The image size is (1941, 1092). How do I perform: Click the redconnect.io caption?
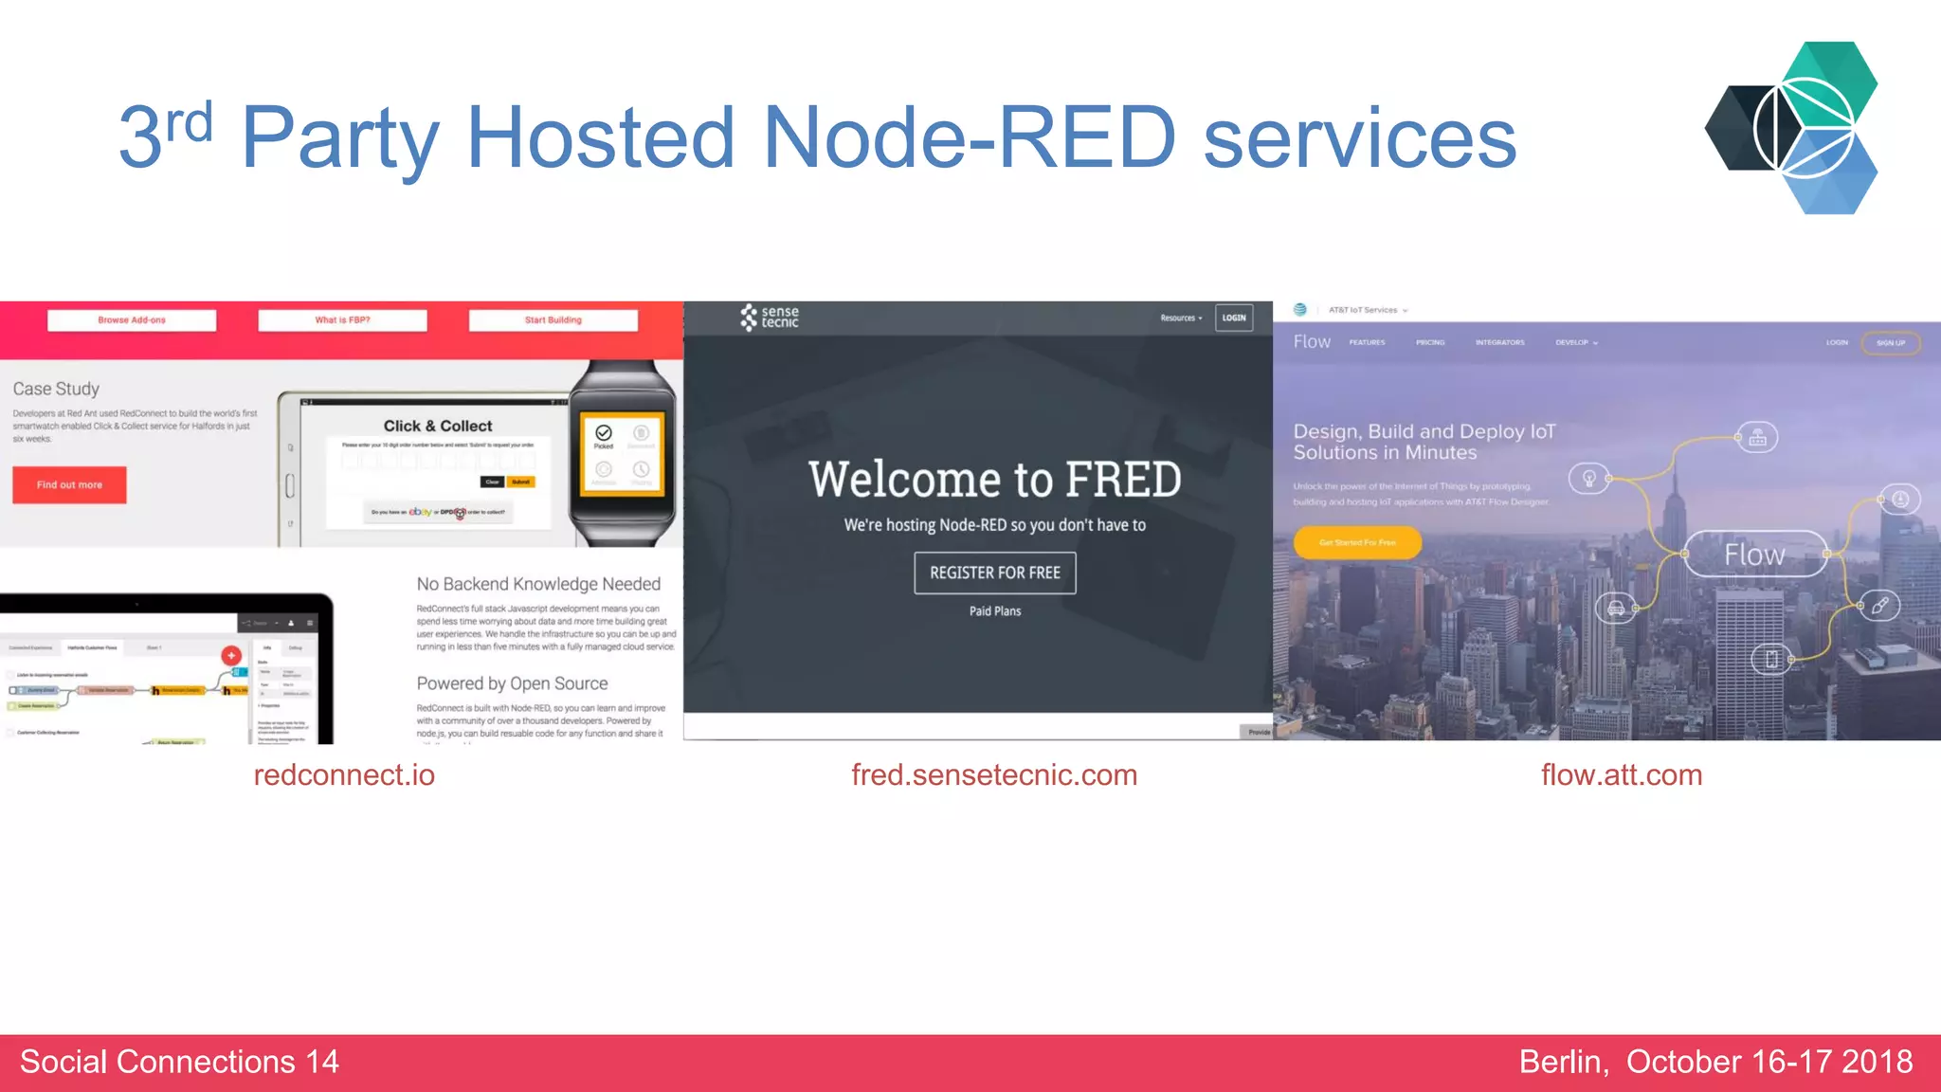(x=344, y=774)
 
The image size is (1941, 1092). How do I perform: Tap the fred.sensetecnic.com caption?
(x=994, y=774)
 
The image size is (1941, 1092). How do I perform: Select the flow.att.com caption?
(x=1622, y=774)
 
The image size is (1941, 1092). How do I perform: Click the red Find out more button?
(x=69, y=484)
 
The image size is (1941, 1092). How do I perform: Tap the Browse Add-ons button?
(x=132, y=320)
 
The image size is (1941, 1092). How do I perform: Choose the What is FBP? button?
(x=342, y=320)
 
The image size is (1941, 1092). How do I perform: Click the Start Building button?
(x=553, y=320)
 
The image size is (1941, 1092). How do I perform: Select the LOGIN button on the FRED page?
(x=1234, y=318)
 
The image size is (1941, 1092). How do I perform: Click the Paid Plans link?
(x=995, y=611)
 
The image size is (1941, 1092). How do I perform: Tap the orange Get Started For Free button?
(x=1357, y=542)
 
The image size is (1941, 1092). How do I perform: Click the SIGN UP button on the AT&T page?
(x=1891, y=343)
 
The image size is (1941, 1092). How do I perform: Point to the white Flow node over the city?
(x=1754, y=555)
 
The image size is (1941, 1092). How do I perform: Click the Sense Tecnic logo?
(x=770, y=318)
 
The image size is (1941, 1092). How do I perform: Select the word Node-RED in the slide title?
(x=969, y=137)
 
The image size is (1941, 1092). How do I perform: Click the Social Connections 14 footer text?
(x=179, y=1062)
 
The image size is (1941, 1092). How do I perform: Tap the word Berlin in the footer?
(x=1563, y=1062)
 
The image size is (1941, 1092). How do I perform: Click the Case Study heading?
(x=56, y=389)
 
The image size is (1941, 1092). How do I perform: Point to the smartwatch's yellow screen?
(x=623, y=455)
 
